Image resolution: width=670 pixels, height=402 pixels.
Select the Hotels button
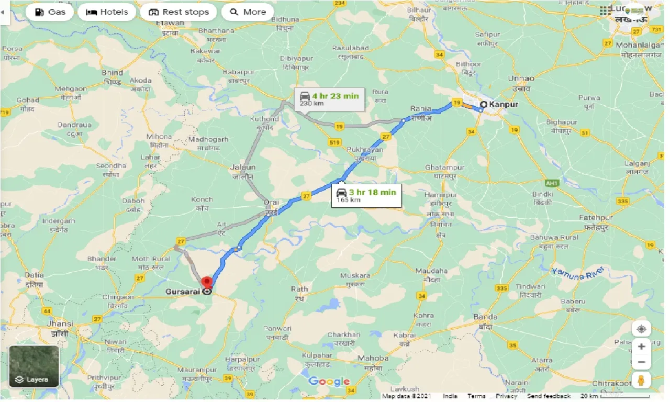107,12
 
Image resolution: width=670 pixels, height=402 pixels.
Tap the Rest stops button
178,12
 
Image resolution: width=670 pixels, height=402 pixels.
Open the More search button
248,12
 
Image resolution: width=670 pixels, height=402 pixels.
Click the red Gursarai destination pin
208,283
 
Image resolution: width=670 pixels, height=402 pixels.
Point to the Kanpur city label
503,104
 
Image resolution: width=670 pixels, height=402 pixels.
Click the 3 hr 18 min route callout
366,195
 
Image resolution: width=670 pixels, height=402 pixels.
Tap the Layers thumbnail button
34,366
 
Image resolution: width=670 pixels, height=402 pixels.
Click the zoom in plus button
641,347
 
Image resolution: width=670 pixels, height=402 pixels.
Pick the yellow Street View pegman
641,381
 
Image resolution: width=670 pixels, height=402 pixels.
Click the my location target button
641,329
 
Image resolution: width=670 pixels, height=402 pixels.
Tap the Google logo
329,382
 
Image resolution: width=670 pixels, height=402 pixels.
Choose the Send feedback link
549,396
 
